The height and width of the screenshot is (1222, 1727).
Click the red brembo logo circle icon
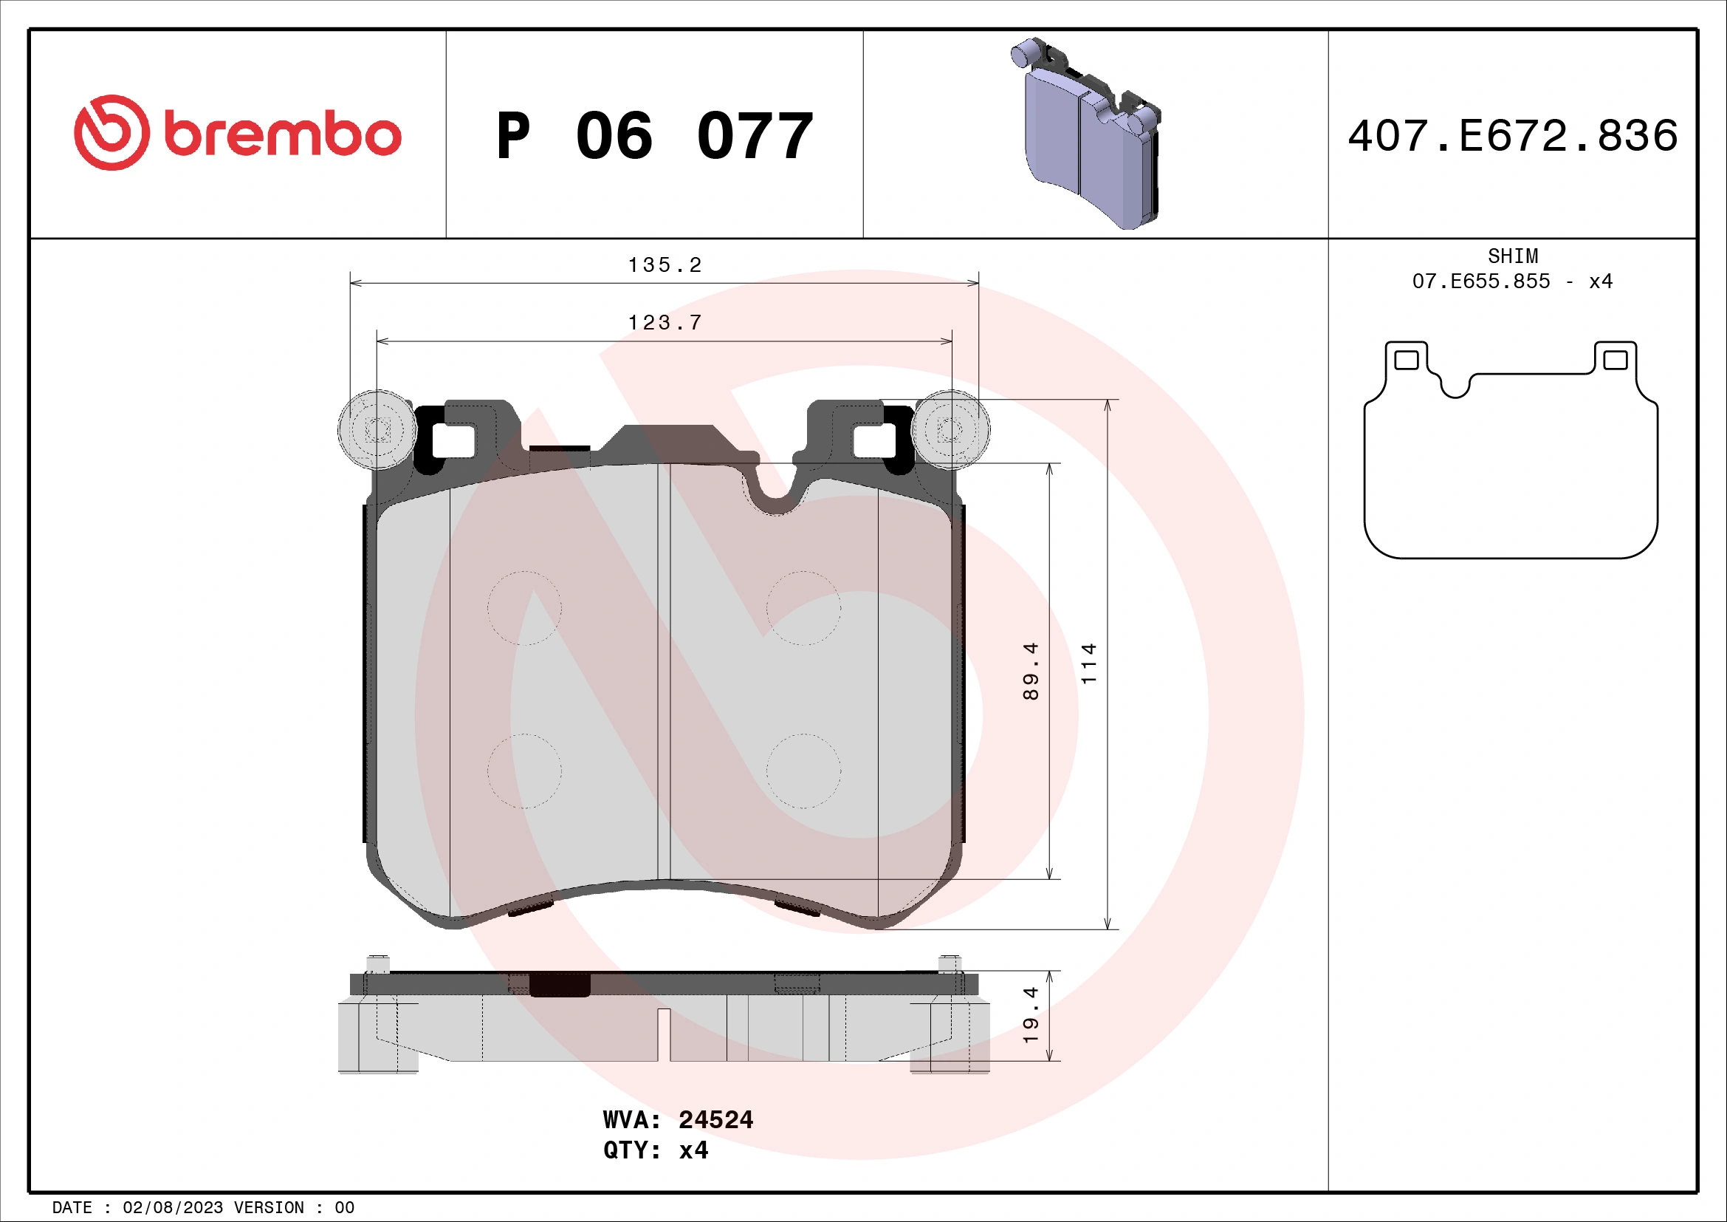[x=111, y=132]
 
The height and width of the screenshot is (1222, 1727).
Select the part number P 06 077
[x=654, y=136]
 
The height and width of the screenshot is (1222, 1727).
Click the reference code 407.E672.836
[x=1513, y=136]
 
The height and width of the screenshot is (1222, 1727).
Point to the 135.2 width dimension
[x=665, y=265]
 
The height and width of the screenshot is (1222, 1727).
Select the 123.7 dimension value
[x=665, y=323]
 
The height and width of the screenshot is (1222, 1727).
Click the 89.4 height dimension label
[x=1031, y=671]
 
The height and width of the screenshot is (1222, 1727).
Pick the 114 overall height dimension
[x=1088, y=663]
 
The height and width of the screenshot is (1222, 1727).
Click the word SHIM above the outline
[x=1513, y=256]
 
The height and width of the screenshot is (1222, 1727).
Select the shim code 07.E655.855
[x=1481, y=281]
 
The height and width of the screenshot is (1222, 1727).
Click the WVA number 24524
[x=715, y=1119]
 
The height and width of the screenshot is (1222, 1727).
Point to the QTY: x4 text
[x=655, y=1150]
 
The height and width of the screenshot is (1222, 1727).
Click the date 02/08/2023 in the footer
[x=172, y=1208]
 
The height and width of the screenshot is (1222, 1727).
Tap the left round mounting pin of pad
[x=377, y=431]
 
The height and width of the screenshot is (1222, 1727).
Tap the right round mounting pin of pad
[x=950, y=431]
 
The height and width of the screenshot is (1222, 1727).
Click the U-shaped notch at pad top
[x=776, y=489]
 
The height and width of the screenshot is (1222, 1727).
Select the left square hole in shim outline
[x=1407, y=360]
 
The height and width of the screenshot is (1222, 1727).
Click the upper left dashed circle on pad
[x=524, y=608]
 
